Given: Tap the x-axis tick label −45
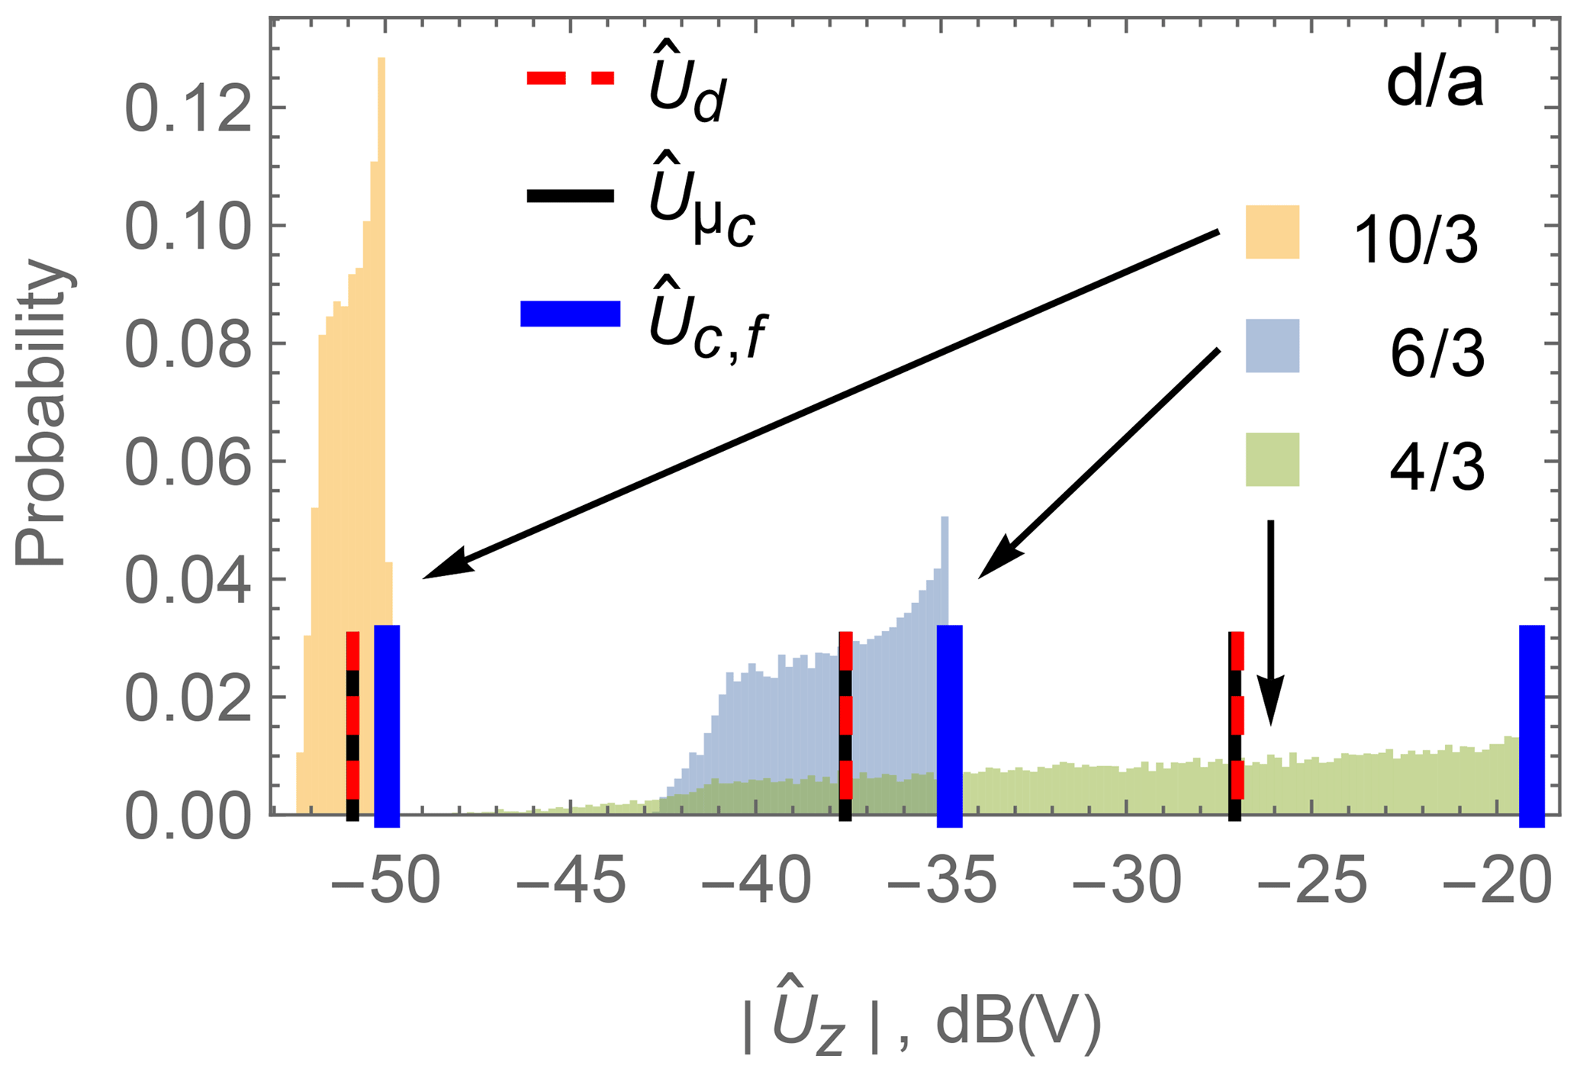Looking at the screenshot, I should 571,882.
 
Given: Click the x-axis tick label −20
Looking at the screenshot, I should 1497,882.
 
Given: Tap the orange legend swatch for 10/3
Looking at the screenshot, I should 1272,232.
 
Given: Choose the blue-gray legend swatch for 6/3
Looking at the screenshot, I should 1272,346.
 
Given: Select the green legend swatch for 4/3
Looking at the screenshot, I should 1272,459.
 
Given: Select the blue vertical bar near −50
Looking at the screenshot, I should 387,725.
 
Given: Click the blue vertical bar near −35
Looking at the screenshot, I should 949,725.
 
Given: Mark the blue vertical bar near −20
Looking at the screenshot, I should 1531,725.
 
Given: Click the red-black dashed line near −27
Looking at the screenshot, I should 1235,725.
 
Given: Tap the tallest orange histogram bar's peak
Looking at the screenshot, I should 381,61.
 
